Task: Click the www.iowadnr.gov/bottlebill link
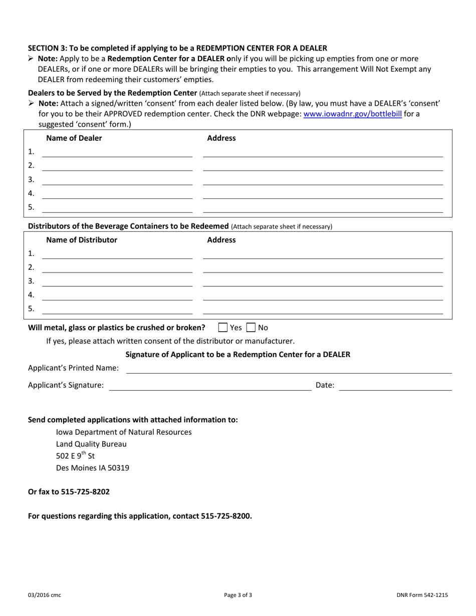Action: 353,114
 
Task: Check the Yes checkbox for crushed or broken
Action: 223,328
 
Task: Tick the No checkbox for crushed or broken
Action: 251,328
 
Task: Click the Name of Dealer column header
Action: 74,138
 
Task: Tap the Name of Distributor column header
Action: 82,240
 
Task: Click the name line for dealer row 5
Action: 117,208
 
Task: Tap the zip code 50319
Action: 118,468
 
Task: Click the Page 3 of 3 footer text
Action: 238,595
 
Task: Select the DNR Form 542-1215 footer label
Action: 422,595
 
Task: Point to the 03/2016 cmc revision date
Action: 45,595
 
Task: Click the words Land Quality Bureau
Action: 91,444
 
